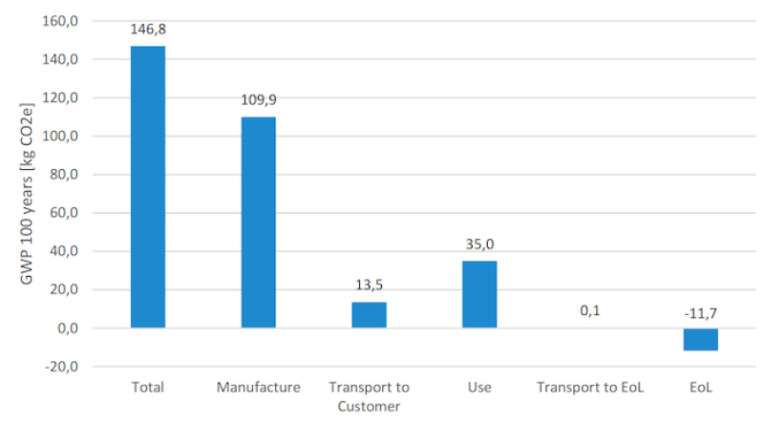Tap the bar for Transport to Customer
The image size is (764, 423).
(x=369, y=315)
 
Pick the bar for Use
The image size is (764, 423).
(x=479, y=294)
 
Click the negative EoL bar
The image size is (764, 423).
(x=700, y=339)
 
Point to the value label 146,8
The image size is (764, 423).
(x=148, y=31)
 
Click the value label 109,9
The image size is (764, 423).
(x=259, y=100)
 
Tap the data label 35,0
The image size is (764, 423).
(x=479, y=244)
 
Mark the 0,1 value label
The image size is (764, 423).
(x=589, y=311)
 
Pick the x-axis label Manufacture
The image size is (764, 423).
(x=259, y=388)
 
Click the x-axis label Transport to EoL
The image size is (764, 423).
(x=589, y=388)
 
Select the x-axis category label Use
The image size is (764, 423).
(x=479, y=388)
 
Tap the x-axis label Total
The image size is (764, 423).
(x=148, y=388)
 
